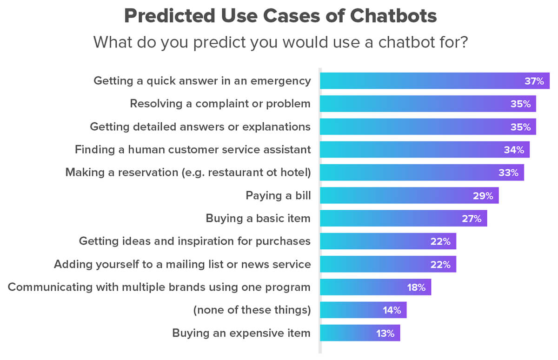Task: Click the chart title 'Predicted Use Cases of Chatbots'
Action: tap(280, 17)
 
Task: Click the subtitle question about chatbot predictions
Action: tap(280, 42)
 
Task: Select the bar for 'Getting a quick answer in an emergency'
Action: tap(418, 81)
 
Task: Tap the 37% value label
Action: tap(534, 81)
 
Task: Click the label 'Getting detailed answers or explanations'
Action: tap(200, 127)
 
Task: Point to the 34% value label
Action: tap(514, 150)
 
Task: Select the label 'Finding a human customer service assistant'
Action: tap(193, 150)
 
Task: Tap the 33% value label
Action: tap(509, 173)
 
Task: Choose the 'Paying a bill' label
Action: tap(278, 195)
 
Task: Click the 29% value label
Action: tap(484, 195)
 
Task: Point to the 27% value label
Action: tap(472, 218)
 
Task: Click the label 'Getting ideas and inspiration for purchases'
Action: tap(194, 241)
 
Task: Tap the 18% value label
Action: tap(416, 287)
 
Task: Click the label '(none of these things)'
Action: tap(252, 310)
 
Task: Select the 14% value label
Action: tap(392, 310)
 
